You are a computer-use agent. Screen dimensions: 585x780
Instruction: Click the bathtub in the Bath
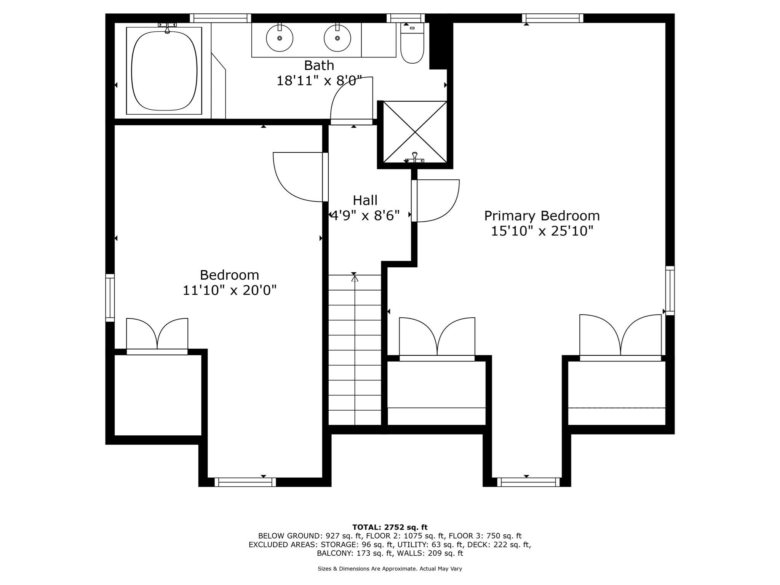tap(164, 70)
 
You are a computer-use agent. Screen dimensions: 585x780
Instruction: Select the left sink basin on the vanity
tap(280, 38)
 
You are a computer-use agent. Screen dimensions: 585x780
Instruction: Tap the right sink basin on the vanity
tap(337, 38)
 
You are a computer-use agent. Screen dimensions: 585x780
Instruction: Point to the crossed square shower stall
tap(415, 132)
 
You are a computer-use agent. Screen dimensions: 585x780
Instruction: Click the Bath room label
tap(319, 66)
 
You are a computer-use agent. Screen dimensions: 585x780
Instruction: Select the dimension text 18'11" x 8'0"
tap(319, 81)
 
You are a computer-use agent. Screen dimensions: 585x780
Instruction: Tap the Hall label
tap(365, 200)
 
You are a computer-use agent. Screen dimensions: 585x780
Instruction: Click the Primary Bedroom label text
tap(542, 216)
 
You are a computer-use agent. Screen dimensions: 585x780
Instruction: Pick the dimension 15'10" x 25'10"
tap(542, 231)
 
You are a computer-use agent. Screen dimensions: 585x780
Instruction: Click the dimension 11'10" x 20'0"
tap(229, 291)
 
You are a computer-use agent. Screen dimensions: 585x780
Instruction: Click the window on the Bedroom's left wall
tap(110, 298)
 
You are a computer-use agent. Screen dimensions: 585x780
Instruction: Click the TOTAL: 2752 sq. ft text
tap(390, 527)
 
